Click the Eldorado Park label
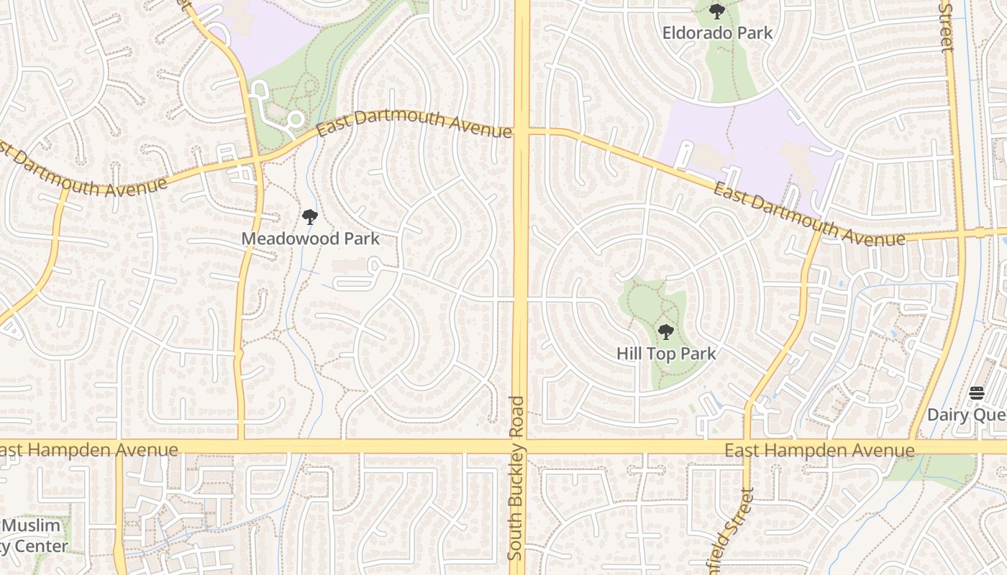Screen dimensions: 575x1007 point(717,32)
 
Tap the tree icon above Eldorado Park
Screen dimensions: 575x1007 point(717,11)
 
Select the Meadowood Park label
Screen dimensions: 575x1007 point(310,238)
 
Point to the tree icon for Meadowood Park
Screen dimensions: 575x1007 point(310,216)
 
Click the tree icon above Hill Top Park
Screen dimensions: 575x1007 point(666,332)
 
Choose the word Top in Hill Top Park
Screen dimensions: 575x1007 point(667,354)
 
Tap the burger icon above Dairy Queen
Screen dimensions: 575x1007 point(976,393)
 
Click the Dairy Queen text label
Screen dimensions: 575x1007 point(966,415)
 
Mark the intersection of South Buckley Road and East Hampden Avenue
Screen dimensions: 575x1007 point(520,446)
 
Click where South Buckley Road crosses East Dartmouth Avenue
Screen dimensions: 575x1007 point(521,132)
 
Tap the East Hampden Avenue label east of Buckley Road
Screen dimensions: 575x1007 point(819,451)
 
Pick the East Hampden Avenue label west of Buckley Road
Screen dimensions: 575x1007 point(88,451)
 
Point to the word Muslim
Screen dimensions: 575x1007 point(32,525)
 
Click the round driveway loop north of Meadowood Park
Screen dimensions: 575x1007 point(295,120)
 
